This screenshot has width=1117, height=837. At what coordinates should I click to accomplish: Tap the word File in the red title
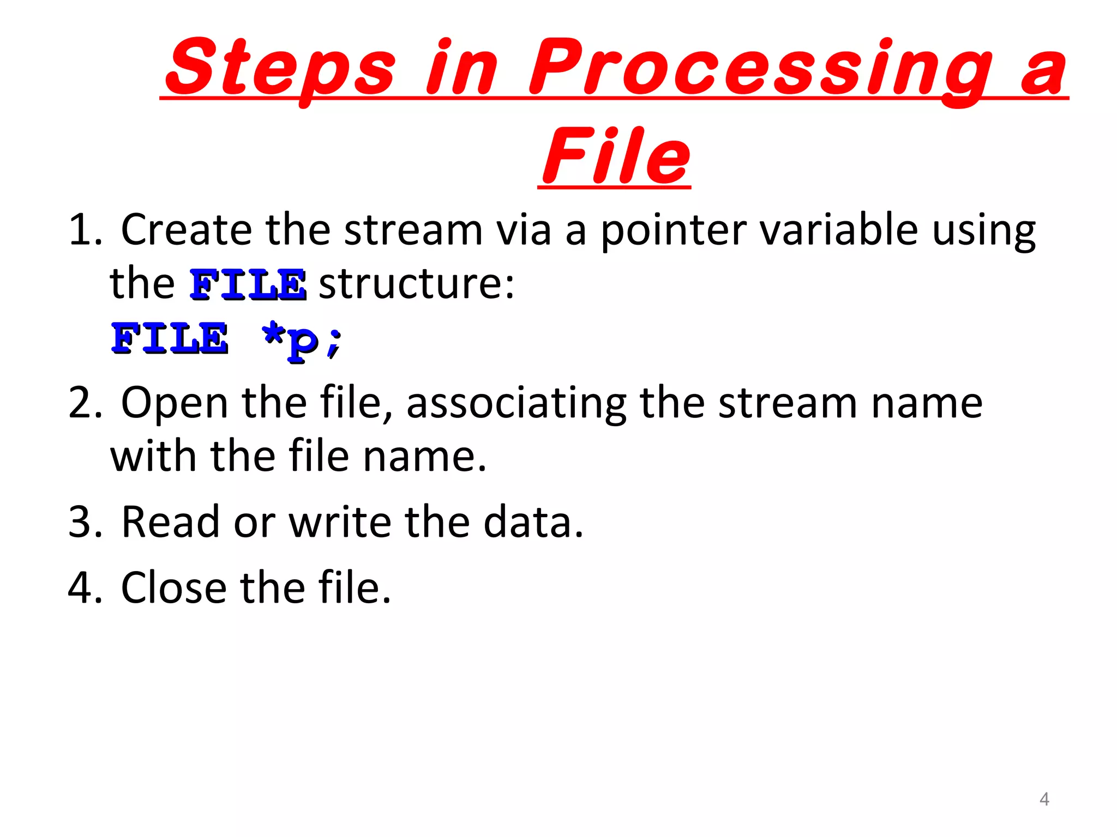[x=615, y=156]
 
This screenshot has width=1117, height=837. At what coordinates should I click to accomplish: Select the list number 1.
[x=85, y=231]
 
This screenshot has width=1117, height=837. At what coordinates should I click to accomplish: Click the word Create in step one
[x=186, y=229]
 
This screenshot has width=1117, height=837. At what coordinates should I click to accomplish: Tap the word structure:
[x=416, y=284]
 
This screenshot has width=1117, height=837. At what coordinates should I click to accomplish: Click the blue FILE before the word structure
[x=248, y=284]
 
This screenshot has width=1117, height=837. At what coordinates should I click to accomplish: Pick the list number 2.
[x=85, y=403]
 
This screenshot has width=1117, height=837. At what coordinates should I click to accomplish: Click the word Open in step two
[x=174, y=403]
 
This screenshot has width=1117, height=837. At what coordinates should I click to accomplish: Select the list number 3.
[x=85, y=522]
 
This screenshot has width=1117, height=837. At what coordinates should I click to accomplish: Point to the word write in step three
[x=340, y=522]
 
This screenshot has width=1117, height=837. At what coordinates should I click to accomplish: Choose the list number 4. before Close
[x=85, y=588]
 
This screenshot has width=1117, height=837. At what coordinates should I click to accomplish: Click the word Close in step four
[x=173, y=588]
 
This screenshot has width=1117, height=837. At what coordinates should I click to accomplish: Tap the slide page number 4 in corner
[x=1044, y=799]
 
